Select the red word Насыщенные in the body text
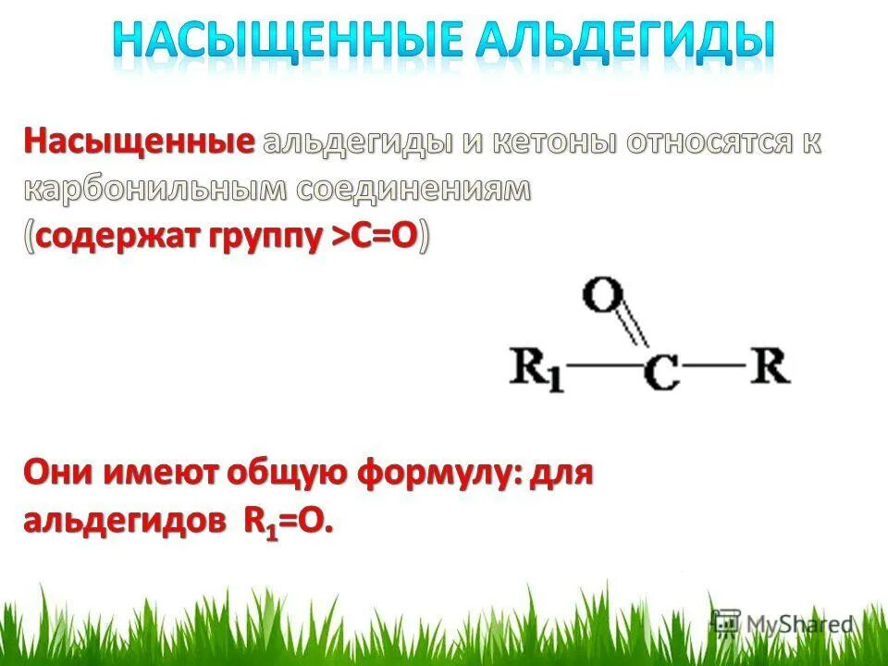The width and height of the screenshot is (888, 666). pos(140,142)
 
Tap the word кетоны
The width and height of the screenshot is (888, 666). pos(554,142)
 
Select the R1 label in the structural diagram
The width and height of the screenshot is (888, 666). pos(536,370)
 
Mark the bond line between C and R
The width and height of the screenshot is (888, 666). pos(717,366)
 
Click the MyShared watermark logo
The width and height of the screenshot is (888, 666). pos(782,624)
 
